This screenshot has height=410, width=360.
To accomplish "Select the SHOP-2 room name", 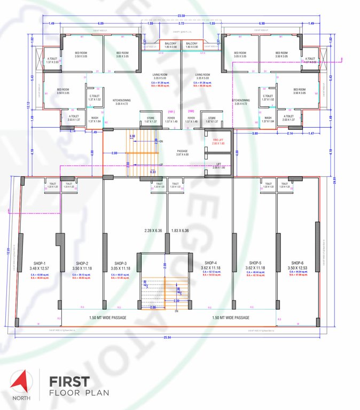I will [x=82, y=263].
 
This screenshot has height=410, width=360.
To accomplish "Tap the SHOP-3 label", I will [x=118, y=263].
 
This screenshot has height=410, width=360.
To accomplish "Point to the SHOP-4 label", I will [x=211, y=263].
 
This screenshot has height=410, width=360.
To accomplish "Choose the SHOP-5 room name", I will [x=254, y=263].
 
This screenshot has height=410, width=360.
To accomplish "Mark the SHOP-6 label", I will [x=295, y=263].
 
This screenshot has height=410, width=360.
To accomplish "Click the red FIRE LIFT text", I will [x=218, y=140].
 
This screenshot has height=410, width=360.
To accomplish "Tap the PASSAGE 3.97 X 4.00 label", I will [x=182, y=151].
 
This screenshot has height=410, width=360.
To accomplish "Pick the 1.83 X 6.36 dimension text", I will [x=181, y=231].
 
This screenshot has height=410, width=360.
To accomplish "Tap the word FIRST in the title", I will [x=69, y=382].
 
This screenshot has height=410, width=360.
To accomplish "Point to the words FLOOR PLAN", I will [x=79, y=393].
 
